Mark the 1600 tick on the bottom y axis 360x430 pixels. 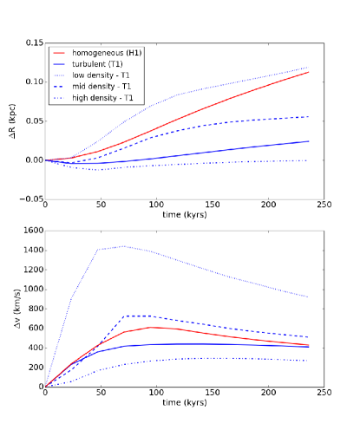tap(30, 231)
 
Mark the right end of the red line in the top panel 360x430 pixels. tap(309, 72)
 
